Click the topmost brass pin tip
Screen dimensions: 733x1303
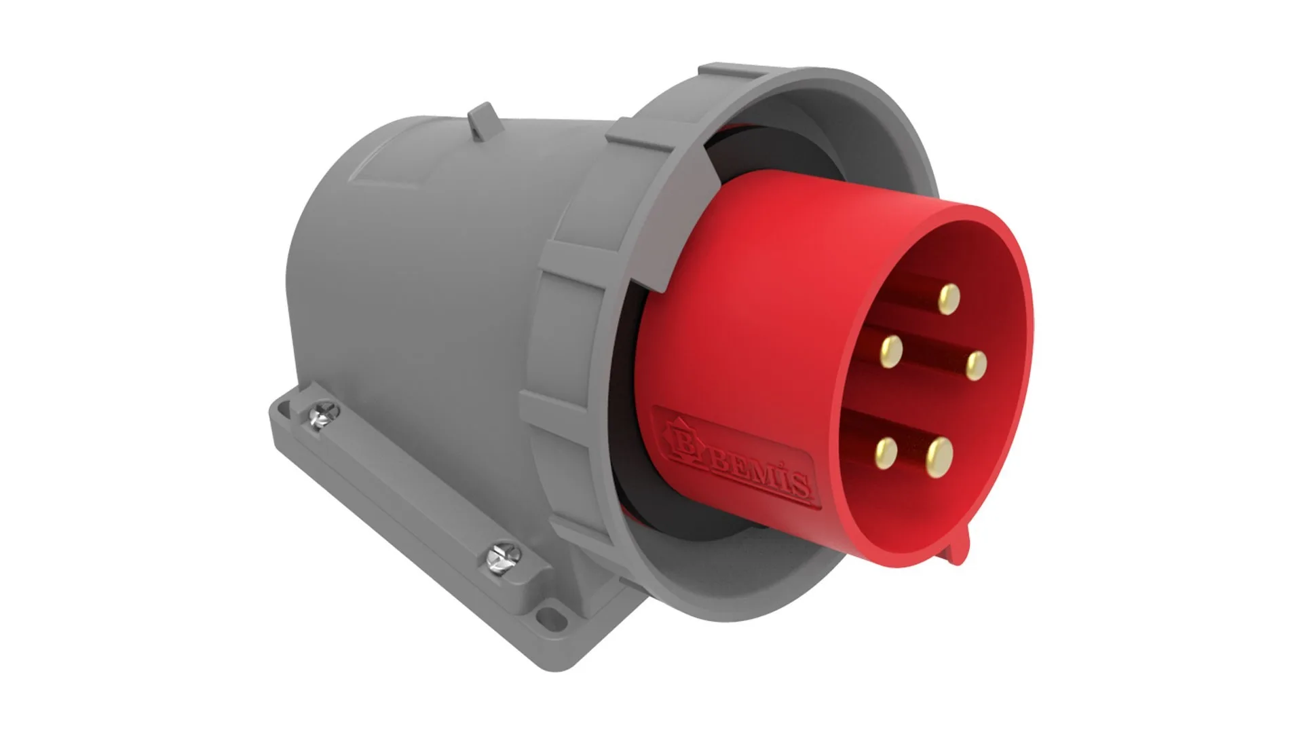[x=949, y=298]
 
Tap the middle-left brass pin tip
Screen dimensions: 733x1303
[x=890, y=350]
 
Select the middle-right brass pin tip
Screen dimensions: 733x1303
[x=975, y=366]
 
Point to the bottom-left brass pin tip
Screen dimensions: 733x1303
[x=886, y=449]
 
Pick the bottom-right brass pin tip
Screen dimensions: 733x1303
[x=939, y=451]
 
